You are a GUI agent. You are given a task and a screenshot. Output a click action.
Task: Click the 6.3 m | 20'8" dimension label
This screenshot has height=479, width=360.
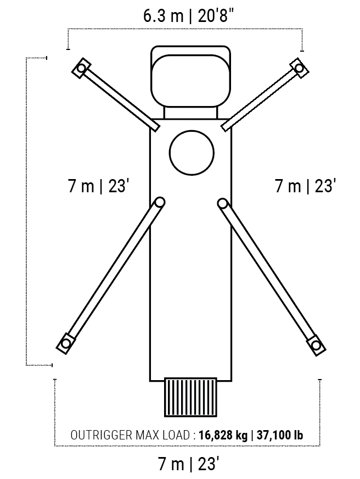[x=190, y=15]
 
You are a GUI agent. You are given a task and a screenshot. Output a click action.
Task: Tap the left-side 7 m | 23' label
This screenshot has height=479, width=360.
[x=97, y=186]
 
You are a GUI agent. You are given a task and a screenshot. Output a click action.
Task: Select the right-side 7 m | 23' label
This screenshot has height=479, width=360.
[x=305, y=186]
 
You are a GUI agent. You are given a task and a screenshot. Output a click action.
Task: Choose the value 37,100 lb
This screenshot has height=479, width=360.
[x=280, y=435]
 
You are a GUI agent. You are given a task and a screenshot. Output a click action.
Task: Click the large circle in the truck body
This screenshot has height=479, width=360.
[x=192, y=153]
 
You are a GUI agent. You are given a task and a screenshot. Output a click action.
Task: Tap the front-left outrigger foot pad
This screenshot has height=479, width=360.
[x=81, y=68]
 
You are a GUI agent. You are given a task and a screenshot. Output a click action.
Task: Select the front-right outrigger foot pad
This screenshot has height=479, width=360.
[x=299, y=68]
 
